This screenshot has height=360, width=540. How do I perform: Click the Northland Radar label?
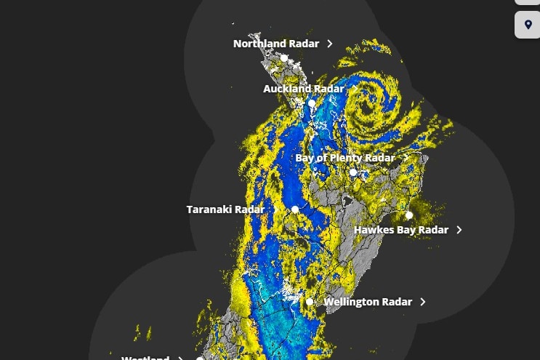coord(275,44)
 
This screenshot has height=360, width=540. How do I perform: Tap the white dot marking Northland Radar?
coord(285,58)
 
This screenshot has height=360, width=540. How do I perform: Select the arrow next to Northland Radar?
coord(330,44)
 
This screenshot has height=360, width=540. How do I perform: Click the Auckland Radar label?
coord(303,89)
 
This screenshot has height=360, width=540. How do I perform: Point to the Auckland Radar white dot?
coord(312,103)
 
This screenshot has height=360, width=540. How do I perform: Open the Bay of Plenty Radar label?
coord(345,158)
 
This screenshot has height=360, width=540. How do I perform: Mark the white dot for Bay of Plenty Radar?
coord(353,172)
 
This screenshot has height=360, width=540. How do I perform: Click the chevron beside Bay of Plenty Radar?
coord(406,158)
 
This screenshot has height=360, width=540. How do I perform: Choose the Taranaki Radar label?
coord(225,209)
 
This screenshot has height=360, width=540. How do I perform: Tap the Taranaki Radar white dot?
coord(295,209)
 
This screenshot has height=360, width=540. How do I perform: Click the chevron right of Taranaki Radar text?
coord(275,209)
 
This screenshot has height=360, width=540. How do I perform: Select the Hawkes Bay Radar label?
coord(401,230)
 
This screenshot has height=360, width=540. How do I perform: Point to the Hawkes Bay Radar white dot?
coord(409,215)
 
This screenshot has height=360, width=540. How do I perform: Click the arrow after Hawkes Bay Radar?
coord(459,230)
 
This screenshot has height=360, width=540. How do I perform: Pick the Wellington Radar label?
coord(368,302)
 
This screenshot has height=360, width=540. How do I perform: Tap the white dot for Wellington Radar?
coord(310,302)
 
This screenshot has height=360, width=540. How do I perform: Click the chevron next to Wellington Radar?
coord(423,302)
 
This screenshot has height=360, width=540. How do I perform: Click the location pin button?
coord(528,25)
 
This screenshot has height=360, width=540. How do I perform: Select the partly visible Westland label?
coord(145,357)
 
